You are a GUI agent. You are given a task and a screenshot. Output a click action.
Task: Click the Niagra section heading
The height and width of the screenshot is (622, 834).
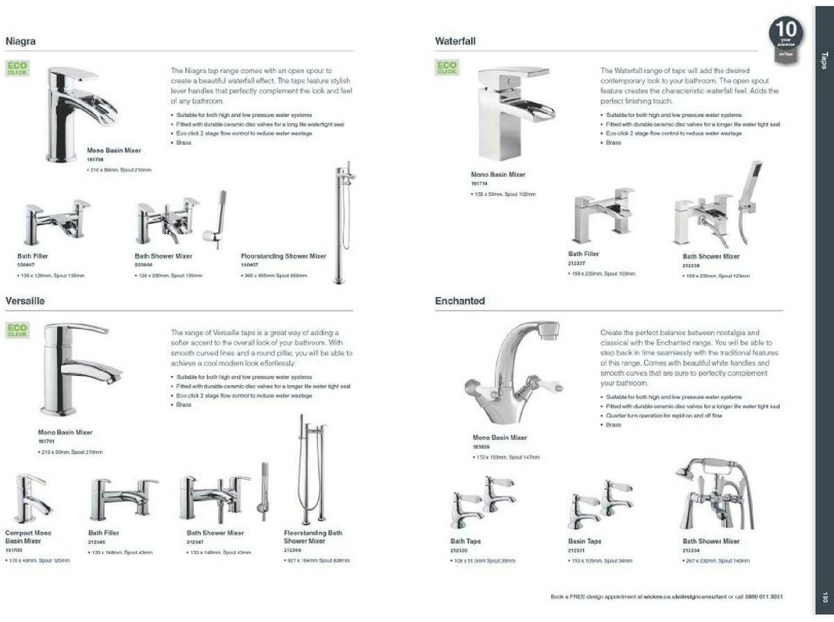pos(21,42)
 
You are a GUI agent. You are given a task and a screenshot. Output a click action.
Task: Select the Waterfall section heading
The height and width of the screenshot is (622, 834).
pos(455,42)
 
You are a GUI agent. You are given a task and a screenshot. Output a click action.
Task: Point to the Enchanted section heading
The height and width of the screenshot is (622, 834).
pos(459,301)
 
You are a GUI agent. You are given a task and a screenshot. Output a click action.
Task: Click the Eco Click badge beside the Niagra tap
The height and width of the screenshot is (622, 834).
pos(17,69)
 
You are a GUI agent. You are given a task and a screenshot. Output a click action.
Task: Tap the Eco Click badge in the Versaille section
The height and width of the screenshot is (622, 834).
pos(17,330)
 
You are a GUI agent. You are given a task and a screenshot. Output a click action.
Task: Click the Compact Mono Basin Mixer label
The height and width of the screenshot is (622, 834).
pos(28,537)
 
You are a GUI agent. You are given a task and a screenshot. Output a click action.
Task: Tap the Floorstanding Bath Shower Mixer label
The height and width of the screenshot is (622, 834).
pos(313,537)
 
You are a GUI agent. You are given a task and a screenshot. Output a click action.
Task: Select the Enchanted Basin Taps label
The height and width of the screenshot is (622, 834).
pos(584,541)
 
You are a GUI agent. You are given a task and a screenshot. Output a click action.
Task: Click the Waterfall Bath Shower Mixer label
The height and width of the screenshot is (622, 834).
pos(711,256)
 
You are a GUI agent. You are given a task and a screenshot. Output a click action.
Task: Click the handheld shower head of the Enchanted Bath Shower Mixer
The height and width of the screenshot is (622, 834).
pos(685,471)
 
